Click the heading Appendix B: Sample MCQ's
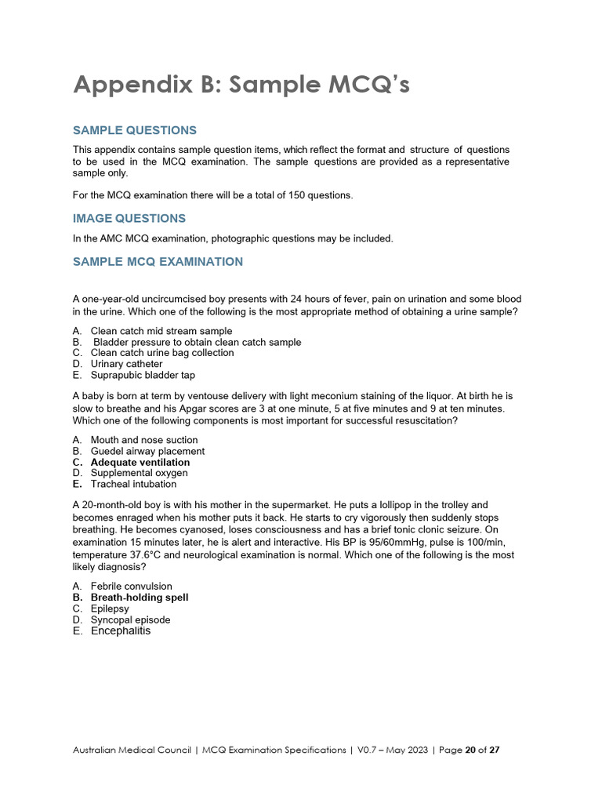pos(241,85)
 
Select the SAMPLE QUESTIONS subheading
pos(135,130)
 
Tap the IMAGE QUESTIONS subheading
pos(129,218)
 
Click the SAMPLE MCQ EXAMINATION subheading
pos(158,261)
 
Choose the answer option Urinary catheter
pos(126,364)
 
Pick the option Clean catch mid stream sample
pos(161,331)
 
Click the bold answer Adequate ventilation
pos(140,462)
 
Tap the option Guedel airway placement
pos(147,451)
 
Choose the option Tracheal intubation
pos(133,484)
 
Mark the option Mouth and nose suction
pos(144,440)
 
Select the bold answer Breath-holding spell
pos(139,598)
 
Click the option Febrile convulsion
pos(131,586)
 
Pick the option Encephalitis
pos(120,630)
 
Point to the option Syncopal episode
pos(130,620)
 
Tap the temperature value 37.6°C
pos(151,554)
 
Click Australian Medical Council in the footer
pos(132,750)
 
